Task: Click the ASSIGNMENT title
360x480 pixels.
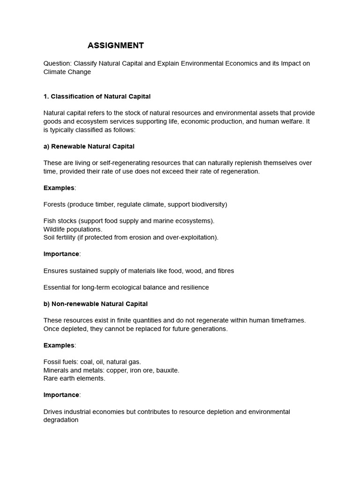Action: click(x=116, y=45)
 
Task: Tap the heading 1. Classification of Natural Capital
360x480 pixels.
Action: click(x=97, y=97)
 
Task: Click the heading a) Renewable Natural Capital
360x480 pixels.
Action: click(x=89, y=146)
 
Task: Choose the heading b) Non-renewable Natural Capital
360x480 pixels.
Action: click(x=96, y=304)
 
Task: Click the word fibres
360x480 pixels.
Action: click(x=224, y=270)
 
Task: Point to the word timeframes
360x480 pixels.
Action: click(x=285, y=320)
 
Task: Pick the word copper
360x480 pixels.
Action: click(x=118, y=370)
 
